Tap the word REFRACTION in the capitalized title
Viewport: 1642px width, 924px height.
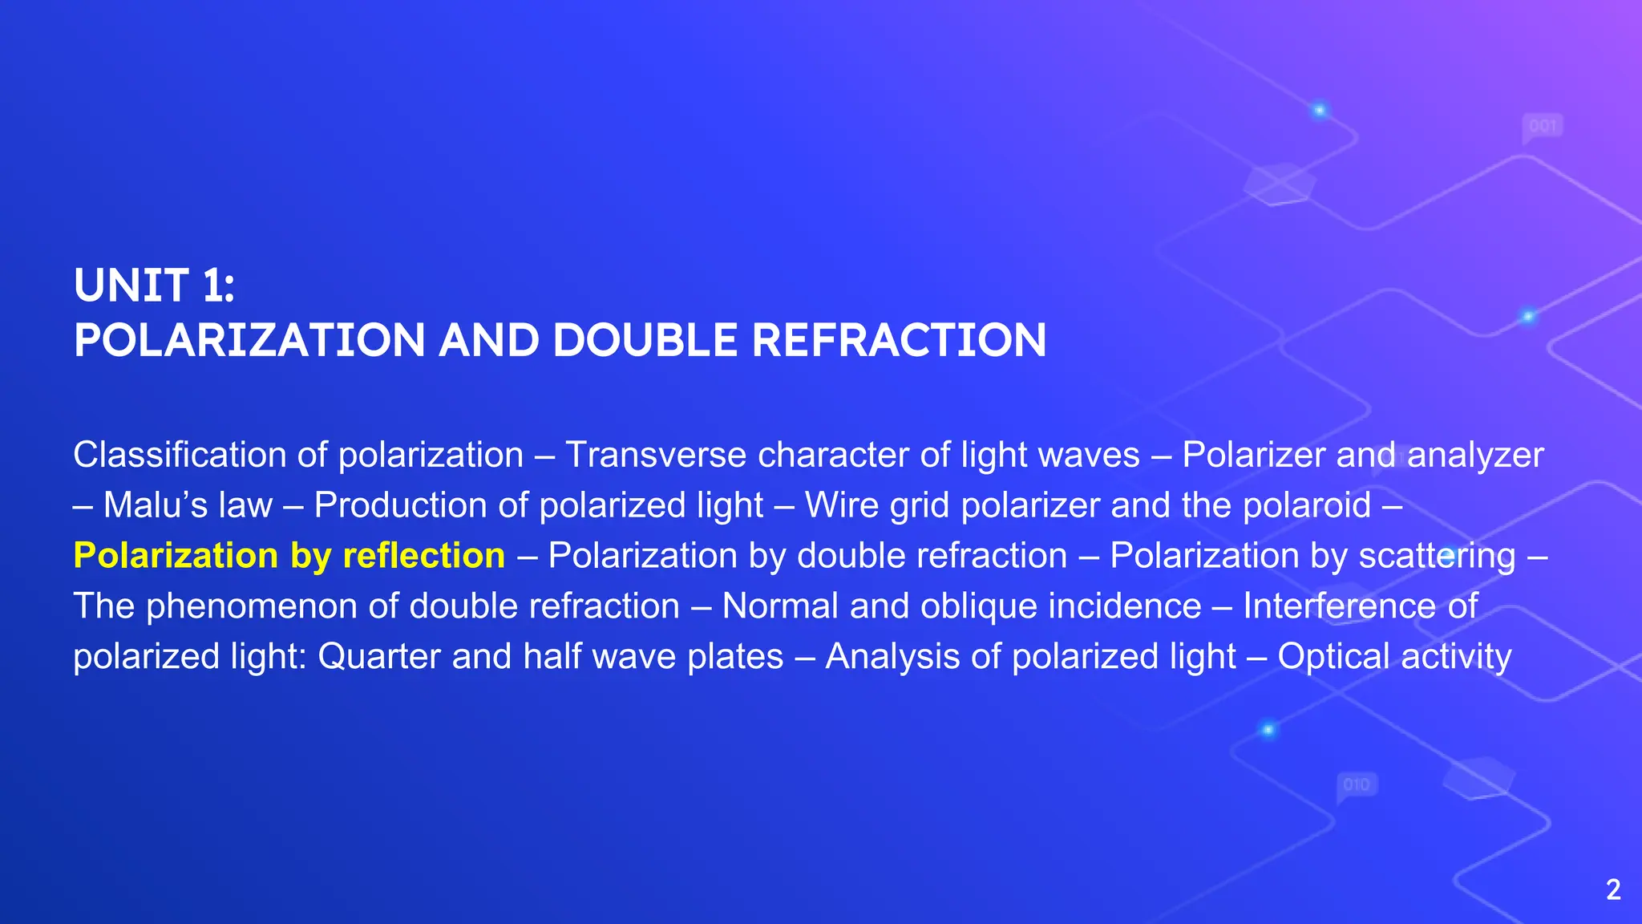point(899,340)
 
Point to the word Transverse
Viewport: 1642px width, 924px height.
point(656,456)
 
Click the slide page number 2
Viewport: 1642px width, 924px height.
point(1613,890)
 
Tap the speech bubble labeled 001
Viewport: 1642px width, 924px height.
point(1543,127)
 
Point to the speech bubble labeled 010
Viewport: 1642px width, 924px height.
point(1357,785)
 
